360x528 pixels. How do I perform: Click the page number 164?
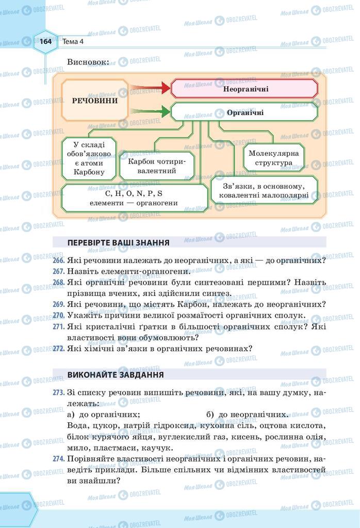pyautogui.click(x=46, y=42)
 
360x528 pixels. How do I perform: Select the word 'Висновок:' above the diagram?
pyautogui.click(x=88, y=62)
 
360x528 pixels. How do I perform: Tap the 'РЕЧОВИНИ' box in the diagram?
pyautogui.click(x=95, y=101)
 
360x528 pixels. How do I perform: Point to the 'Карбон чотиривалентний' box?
pyautogui.click(x=156, y=166)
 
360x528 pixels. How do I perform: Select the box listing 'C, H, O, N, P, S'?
pyautogui.click(x=134, y=199)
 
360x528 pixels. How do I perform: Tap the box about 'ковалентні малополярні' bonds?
pyautogui.click(x=263, y=191)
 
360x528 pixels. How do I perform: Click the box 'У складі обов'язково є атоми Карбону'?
pyautogui.click(x=89, y=158)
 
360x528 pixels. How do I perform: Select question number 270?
pyautogui.click(x=58, y=316)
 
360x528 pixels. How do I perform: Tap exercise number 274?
pyautogui.click(x=58, y=459)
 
